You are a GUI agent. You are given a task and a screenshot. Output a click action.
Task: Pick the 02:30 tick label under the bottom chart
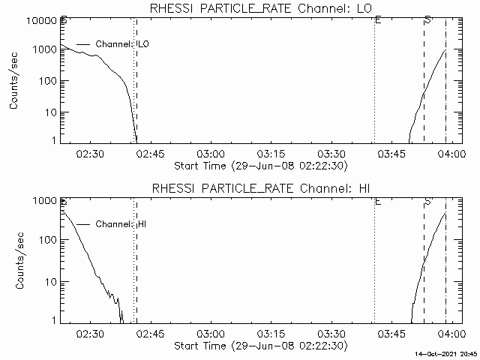coord(90,334)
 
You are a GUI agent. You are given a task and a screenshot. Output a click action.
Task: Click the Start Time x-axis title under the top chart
coord(259,166)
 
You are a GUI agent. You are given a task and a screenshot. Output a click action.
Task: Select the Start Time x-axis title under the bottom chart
coord(259,346)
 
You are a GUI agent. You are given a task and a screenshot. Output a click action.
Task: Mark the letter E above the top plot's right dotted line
coord(378,19)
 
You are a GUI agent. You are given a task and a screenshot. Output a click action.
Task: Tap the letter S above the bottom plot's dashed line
coord(427,202)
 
